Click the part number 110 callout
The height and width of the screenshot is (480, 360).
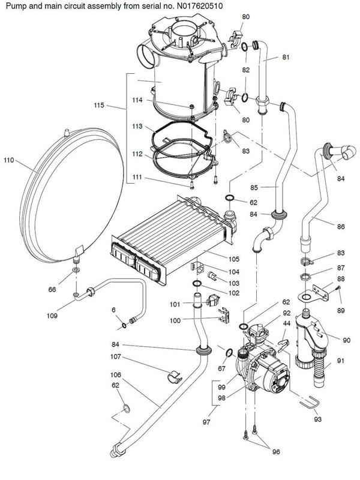tap(8, 160)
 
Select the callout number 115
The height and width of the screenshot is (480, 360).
tap(100, 106)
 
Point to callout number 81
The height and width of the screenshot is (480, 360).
tap(286, 58)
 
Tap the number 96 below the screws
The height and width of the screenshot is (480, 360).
tap(276, 452)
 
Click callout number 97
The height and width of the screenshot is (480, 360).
tap(206, 422)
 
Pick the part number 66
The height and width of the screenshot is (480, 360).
tap(52, 290)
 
